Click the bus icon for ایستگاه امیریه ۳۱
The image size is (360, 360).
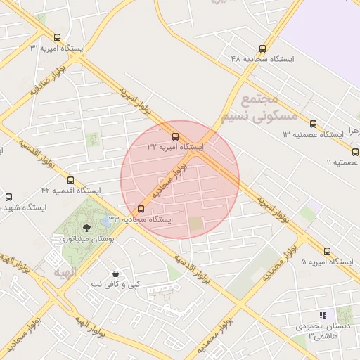57,37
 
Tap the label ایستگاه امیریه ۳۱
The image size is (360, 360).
57,48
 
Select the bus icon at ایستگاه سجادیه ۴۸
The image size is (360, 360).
262,49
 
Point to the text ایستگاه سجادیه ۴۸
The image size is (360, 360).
262,59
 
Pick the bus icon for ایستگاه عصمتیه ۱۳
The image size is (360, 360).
313,124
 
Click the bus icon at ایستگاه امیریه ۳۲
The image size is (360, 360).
175,136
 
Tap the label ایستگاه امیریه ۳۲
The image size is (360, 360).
175,147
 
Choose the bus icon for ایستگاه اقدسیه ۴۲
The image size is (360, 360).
70,180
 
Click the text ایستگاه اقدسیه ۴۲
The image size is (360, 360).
70,191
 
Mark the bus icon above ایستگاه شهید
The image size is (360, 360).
8,198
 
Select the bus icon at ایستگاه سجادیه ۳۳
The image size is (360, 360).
141,209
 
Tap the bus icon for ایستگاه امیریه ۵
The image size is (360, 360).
328,251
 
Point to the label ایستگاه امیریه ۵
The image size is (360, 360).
328,262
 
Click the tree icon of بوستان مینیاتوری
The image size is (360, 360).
86,228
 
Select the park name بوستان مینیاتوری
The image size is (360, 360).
86,239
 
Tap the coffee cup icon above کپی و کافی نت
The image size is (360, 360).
115,273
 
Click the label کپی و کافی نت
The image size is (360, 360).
115,284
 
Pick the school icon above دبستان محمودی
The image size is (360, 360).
323,316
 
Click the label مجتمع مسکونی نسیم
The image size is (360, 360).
259,108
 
